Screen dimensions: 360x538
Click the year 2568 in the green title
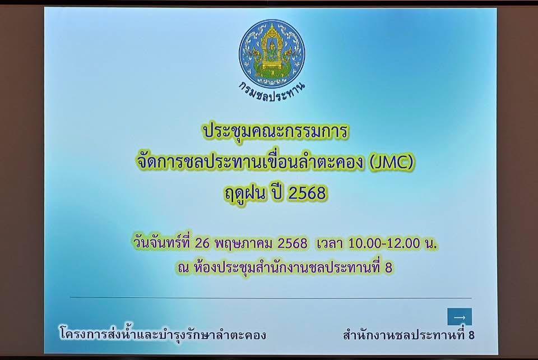pyautogui.click(x=307, y=193)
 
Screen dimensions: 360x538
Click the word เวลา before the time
pyautogui.click(x=330, y=243)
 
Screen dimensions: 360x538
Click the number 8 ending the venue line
pyautogui.click(x=389, y=267)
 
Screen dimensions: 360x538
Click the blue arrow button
pyautogui.click(x=459, y=317)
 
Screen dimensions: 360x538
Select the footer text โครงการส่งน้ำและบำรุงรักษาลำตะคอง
pyautogui.click(x=163, y=335)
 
